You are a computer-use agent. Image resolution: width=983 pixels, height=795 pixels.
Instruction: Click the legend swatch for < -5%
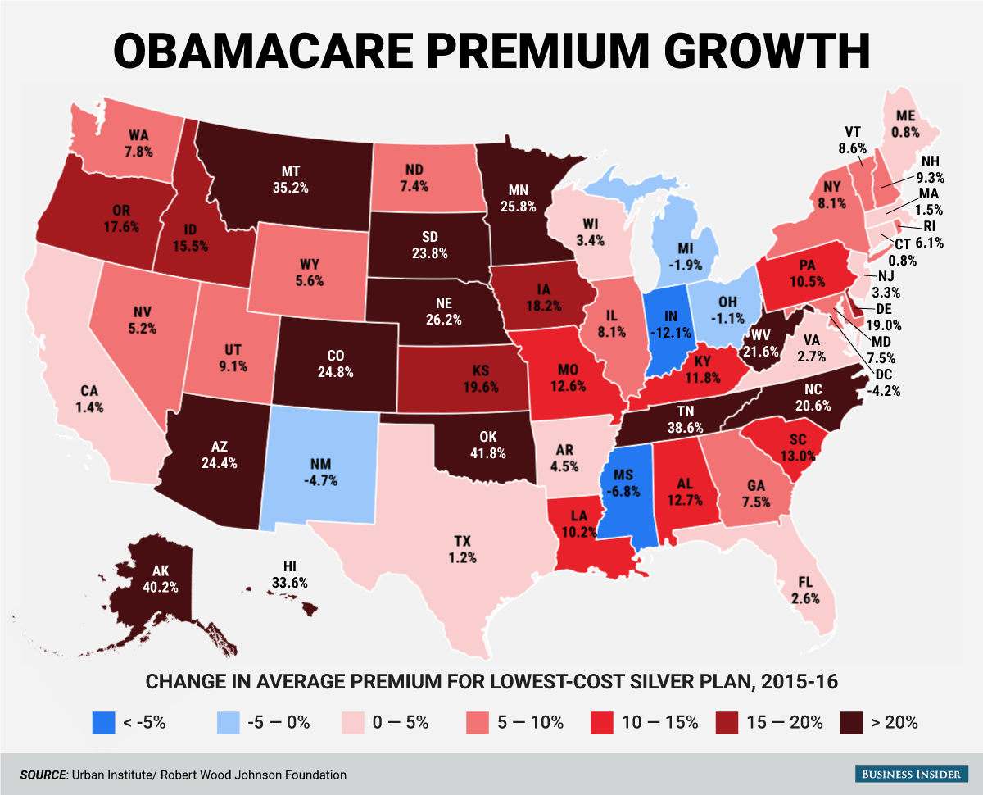coord(103,722)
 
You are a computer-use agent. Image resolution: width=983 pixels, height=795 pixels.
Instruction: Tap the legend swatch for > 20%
coord(852,722)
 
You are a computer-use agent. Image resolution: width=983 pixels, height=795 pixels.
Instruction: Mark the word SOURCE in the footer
coord(42,774)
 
